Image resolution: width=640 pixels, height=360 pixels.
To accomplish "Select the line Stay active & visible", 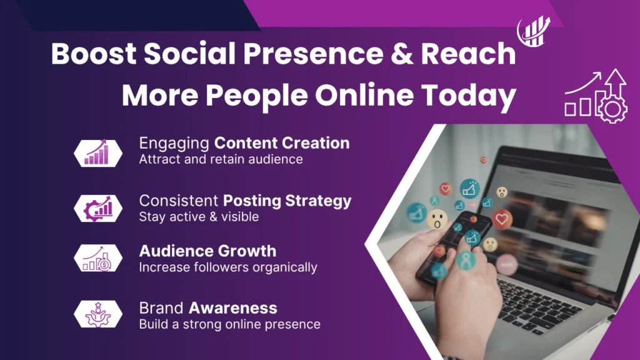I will point(199,217).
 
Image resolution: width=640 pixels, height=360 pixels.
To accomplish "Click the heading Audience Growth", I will point(207,251).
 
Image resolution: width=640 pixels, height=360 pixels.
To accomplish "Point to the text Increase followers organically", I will point(227,267).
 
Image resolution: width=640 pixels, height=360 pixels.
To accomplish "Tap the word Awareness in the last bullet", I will point(233,308).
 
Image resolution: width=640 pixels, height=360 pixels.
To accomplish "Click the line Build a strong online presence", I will point(229,324).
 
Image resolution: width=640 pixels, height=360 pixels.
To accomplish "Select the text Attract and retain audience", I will point(221,159).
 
